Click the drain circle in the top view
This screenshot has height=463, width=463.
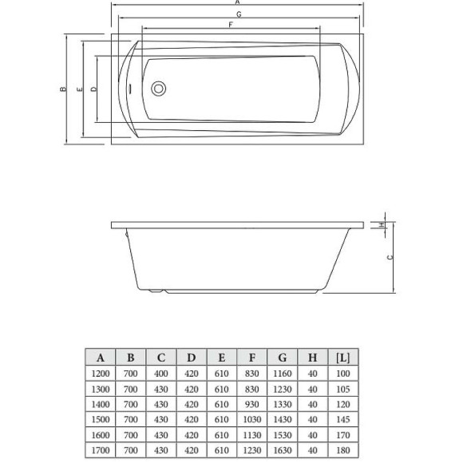tap(159, 88)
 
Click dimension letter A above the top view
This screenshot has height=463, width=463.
tap(238, 3)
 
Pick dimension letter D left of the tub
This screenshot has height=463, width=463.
tap(93, 89)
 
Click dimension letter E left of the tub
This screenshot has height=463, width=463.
tap(78, 89)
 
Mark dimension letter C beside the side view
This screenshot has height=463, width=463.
tap(390, 257)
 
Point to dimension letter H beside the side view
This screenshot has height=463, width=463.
tap(382, 224)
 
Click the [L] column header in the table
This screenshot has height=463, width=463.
tap(342, 357)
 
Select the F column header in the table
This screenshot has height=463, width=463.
tap(251, 357)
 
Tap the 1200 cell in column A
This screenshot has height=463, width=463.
tap(100, 374)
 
